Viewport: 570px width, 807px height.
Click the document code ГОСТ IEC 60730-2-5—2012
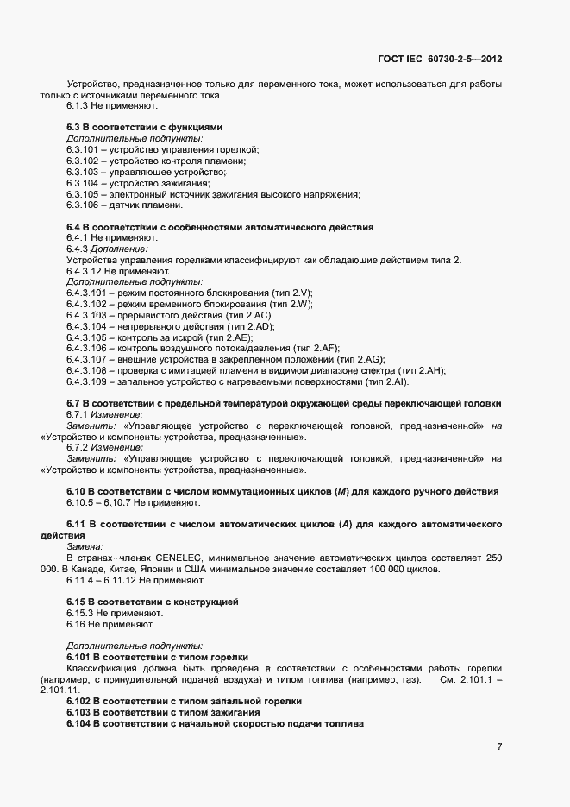click(x=440, y=60)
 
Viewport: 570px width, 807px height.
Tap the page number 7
click(x=499, y=746)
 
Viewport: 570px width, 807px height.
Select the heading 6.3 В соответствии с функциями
click(x=144, y=127)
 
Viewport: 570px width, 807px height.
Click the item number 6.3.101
click(x=80, y=149)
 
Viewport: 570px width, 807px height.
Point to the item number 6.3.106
click(x=80, y=205)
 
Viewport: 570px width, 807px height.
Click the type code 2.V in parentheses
click(x=301, y=293)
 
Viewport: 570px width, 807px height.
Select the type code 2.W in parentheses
click(x=300, y=305)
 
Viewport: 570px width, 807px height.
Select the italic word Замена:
click(x=85, y=547)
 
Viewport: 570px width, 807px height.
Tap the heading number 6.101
click(x=80, y=657)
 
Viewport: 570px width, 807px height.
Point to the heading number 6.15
click(x=78, y=601)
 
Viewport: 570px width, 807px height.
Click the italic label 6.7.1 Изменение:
click(x=97, y=415)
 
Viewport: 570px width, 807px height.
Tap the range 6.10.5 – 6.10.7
click(x=98, y=502)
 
